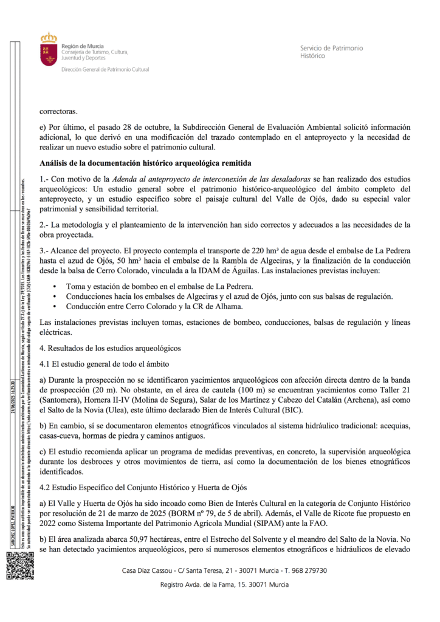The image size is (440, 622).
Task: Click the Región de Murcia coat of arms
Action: pyautogui.click(x=48, y=50)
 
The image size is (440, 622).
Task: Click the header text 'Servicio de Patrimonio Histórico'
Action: pyautogui.click(x=331, y=52)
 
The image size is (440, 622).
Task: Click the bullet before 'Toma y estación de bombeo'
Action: pyautogui.click(x=55, y=286)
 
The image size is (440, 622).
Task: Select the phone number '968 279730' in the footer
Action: pyautogui.click(x=306, y=570)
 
